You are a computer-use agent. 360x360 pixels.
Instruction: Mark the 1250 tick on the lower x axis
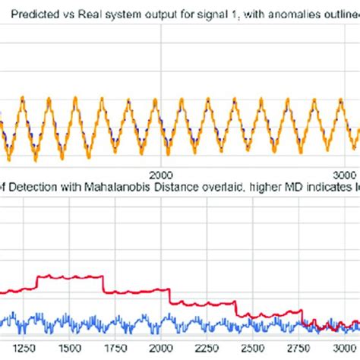[25, 348]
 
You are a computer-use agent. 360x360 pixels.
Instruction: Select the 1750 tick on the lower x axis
[114, 348]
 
